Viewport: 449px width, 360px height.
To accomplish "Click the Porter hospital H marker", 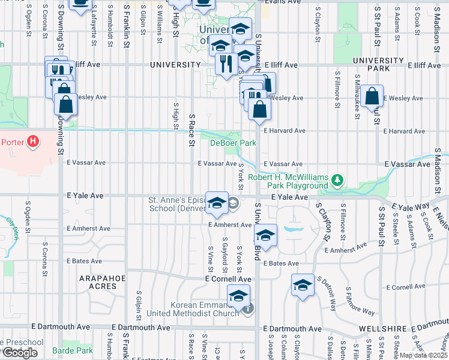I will (33, 142).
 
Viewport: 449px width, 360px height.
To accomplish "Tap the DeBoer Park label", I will (233, 143).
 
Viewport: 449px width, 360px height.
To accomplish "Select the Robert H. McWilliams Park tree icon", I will (338, 178).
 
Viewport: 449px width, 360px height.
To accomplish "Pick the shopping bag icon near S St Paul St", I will (372, 95).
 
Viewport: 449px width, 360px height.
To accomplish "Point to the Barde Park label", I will (72, 350).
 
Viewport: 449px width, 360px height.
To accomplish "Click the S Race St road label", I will (191, 130).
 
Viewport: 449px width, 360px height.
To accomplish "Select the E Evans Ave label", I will (284, 2).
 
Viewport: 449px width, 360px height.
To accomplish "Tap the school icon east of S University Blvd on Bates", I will (265, 235).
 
